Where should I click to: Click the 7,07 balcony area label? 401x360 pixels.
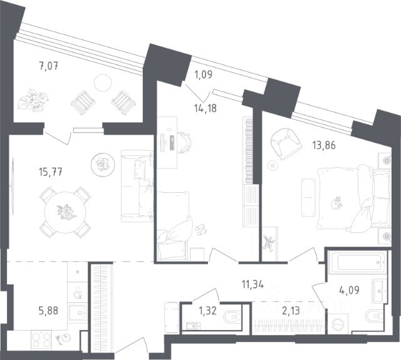[x=49, y=66]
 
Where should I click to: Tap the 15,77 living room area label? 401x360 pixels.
[x=50, y=172]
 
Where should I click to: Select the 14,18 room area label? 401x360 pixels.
[x=206, y=108]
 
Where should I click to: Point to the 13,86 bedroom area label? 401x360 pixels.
[x=324, y=145]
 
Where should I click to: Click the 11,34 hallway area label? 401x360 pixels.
[x=253, y=284]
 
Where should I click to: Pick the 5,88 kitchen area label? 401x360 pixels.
[x=48, y=311]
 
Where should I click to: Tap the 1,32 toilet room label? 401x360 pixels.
[x=207, y=311]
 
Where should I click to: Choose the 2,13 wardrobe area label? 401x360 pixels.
[x=291, y=311]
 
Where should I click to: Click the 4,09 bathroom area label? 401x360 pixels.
[x=350, y=290]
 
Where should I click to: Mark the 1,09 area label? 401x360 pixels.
[x=203, y=75]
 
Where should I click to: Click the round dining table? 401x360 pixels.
[x=65, y=212]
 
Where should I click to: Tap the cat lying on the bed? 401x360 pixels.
[x=337, y=203]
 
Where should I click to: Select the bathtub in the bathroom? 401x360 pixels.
[x=358, y=263]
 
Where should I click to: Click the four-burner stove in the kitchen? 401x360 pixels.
[x=41, y=340]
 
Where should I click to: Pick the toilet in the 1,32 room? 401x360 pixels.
[x=232, y=317]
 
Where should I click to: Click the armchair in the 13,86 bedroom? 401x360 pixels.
[x=286, y=144]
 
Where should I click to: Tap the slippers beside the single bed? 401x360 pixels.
[x=200, y=229]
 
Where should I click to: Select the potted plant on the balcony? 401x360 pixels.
[x=33, y=100]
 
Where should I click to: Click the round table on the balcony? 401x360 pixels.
[x=103, y=82]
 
